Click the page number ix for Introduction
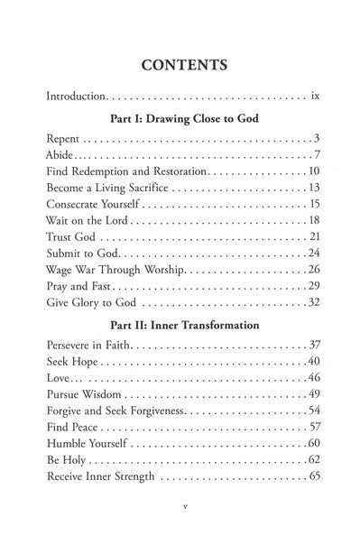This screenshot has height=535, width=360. [x=315, y=94]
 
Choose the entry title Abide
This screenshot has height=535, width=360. [x=60, y=154]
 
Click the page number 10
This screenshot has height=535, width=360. [x=315, y=171]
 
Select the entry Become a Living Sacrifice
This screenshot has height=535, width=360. [x=106, y=188]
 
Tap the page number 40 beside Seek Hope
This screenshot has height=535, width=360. [x=315, y=362]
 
